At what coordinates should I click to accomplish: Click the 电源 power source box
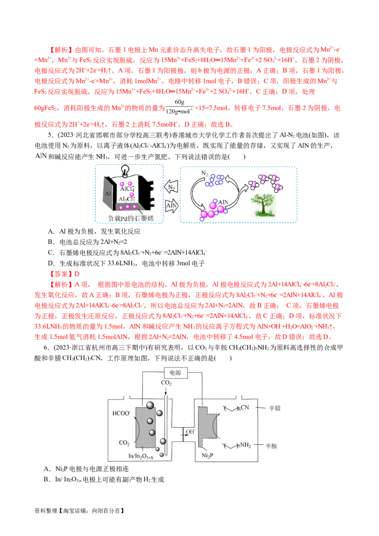point(176,373)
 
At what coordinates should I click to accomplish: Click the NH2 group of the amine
point(245,445)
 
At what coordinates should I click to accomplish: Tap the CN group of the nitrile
point(248,408)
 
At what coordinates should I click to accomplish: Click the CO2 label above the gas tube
point(166,383)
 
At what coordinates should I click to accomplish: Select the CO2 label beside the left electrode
point(124,443)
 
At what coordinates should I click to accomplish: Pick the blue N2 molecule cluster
point(217,179)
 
